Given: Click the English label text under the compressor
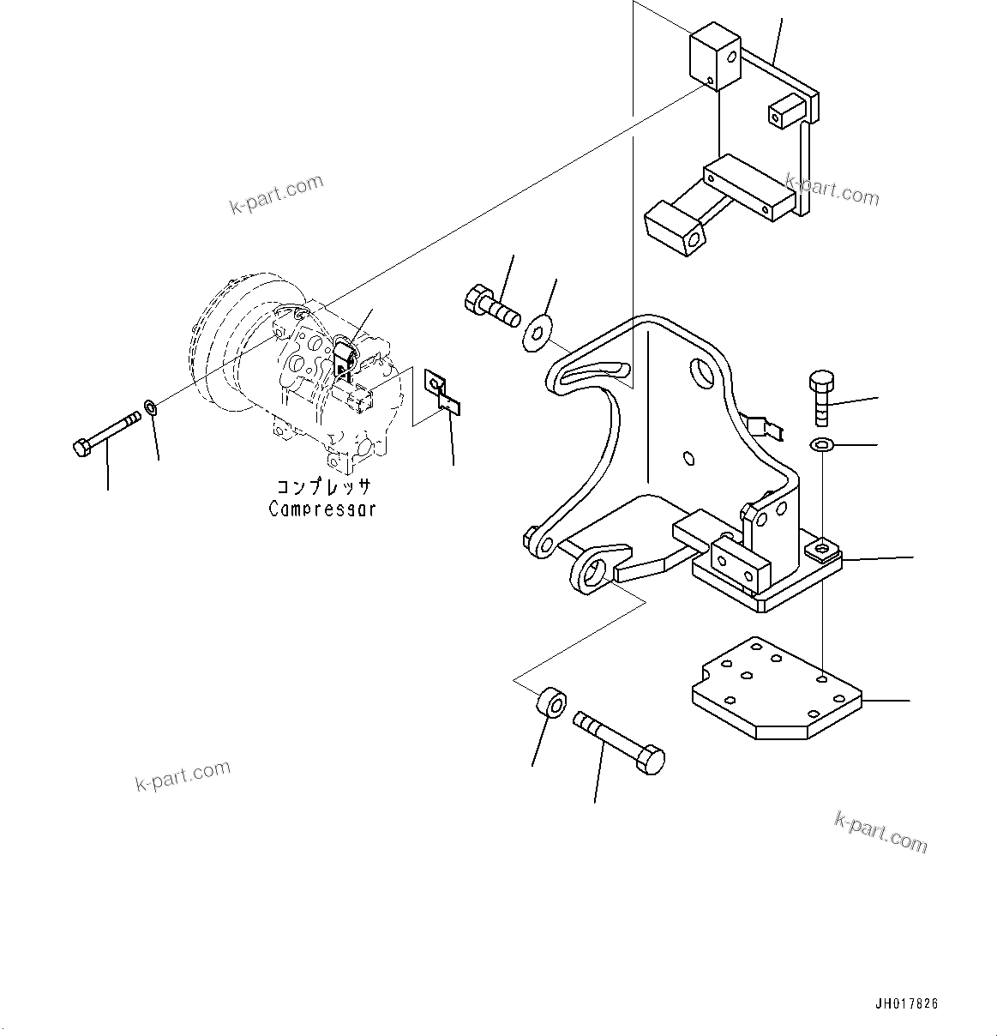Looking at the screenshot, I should pos(321,509).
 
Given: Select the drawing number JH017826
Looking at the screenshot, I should pos(906,1003).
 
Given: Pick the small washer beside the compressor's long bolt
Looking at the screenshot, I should pos(151,407).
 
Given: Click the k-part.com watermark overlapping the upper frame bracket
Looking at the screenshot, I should pos(831,190).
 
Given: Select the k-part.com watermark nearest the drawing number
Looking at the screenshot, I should pos(880,833).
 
